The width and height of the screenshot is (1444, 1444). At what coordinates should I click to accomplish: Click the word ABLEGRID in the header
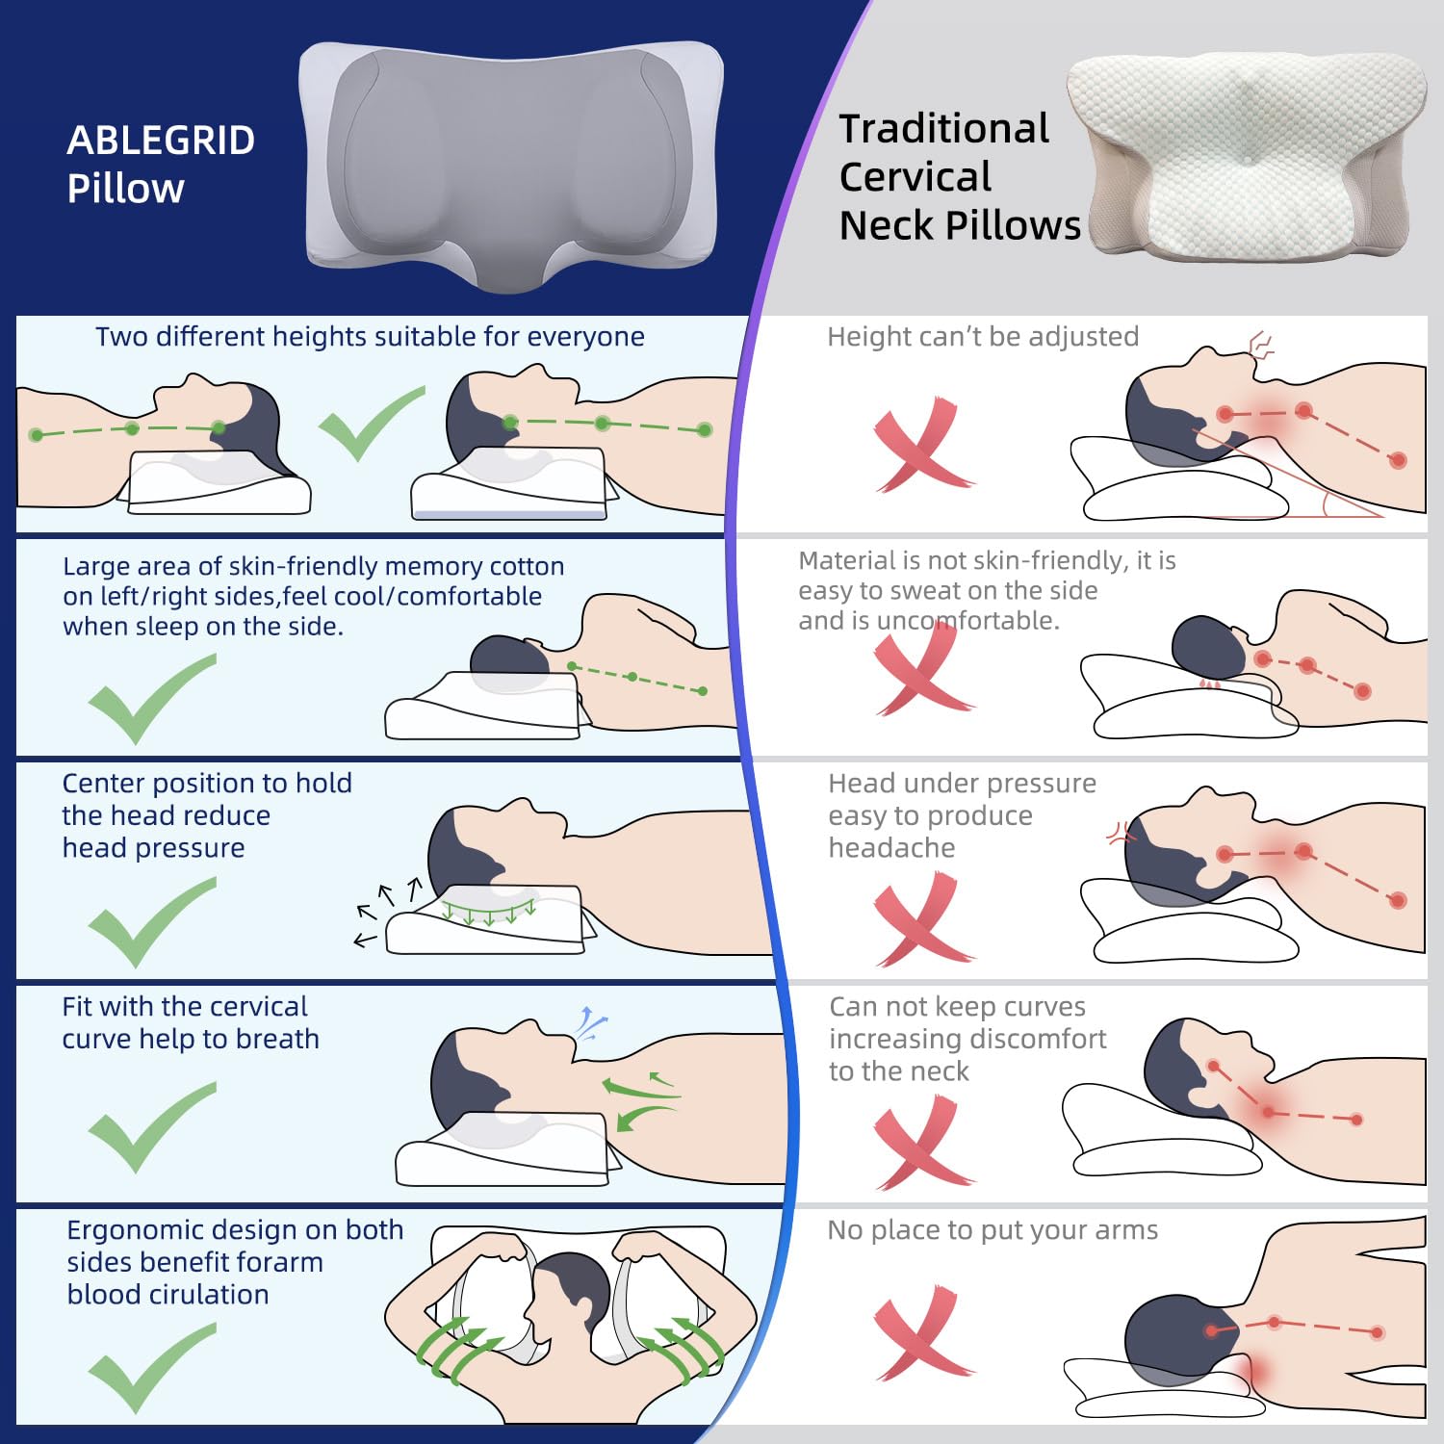[161, 141]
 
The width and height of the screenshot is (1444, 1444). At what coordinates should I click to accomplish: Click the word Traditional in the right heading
[943, 129]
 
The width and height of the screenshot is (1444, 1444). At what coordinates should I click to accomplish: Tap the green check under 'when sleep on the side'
[151, 698]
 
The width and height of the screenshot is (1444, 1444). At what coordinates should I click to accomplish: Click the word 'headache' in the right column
[891, 848]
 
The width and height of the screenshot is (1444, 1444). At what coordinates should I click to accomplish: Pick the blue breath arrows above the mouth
[589, 1023]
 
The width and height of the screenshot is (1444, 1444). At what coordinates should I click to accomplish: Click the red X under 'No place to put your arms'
[920, 1333]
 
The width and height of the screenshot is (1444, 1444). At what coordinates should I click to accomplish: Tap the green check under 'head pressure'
[151, 922]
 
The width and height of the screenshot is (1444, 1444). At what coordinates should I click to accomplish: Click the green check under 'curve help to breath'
[151, 1126]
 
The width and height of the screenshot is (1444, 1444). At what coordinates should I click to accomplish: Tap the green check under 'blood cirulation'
[151, 1367]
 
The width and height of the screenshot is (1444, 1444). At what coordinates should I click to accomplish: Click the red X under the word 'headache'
[920, 919]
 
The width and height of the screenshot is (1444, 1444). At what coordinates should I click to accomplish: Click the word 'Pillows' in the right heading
[1013, 225]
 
